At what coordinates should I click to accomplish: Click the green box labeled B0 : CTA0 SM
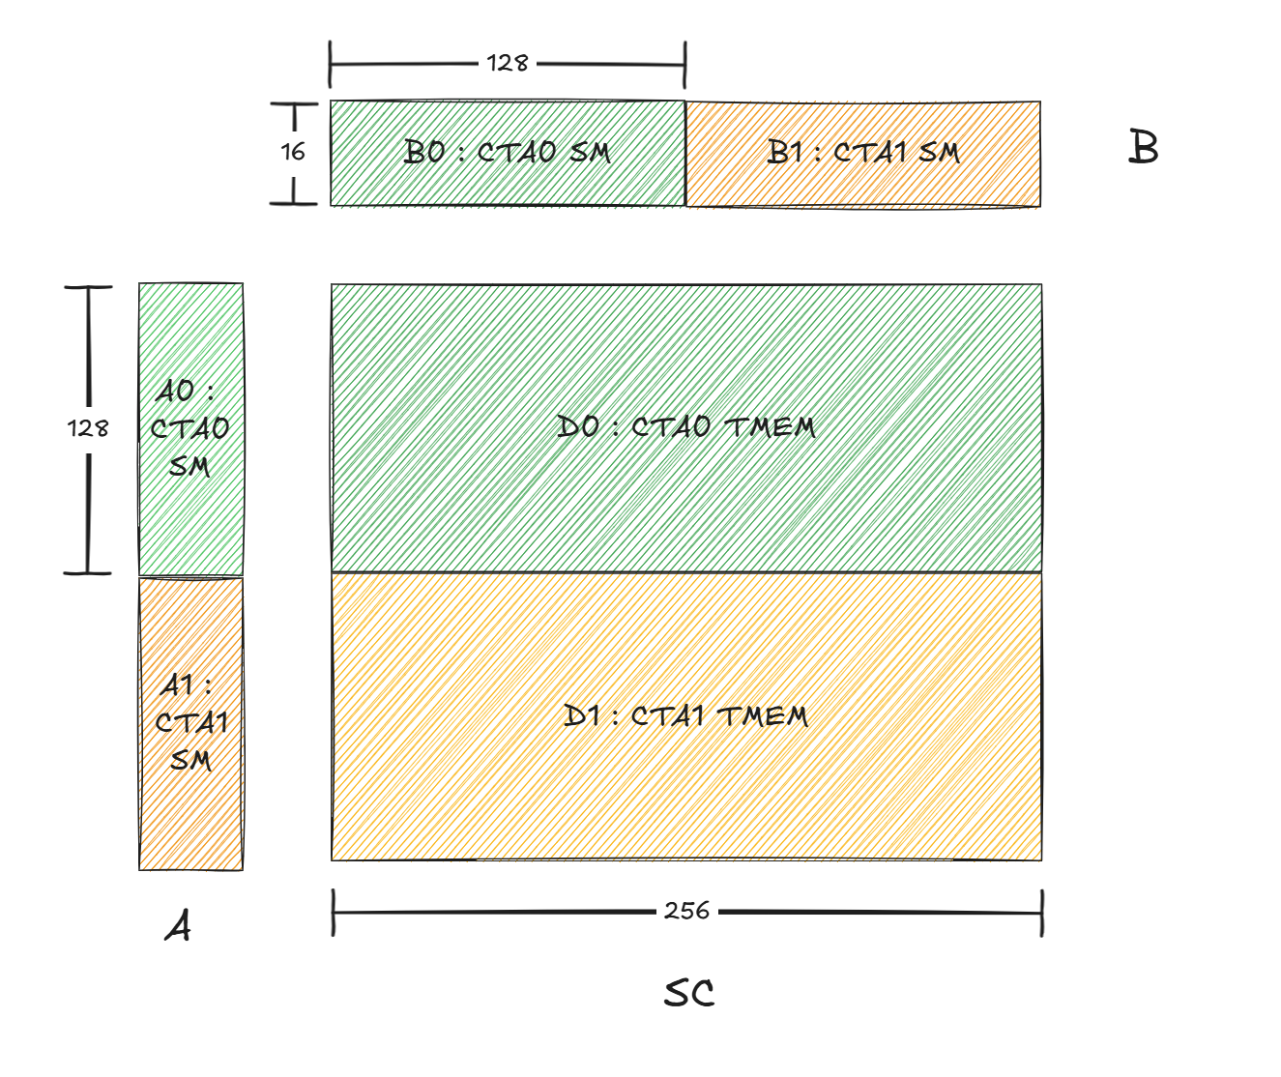508,153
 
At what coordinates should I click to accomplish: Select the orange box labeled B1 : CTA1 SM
863,153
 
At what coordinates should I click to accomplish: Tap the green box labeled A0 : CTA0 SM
190,428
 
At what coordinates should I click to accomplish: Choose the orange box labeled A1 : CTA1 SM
190,723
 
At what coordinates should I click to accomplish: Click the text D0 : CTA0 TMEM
686,426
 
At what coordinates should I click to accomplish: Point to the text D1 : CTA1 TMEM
685,716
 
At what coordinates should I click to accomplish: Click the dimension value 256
686,911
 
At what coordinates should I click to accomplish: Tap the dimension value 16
293,152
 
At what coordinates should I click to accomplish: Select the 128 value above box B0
508,64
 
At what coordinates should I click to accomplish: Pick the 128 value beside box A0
88,428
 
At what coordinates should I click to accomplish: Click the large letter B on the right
1144,149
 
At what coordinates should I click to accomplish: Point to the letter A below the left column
179,926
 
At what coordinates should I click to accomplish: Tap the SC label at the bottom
689,993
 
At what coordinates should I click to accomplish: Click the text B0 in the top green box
425,152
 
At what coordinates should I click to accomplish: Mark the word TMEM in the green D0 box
770,426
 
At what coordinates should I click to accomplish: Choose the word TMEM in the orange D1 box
763,716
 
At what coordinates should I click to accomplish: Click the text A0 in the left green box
176,392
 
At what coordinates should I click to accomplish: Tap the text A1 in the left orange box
178,685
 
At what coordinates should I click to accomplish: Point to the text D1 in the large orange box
583,716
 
